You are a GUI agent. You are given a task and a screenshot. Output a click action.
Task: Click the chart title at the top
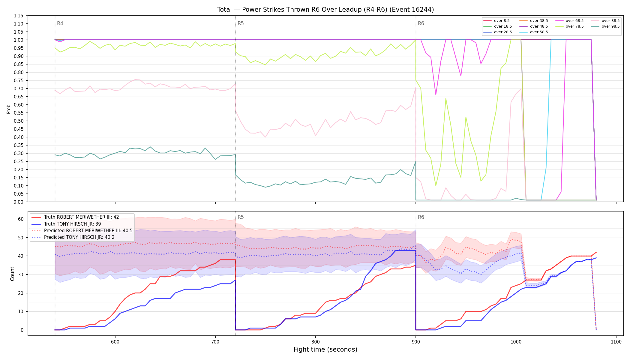tap(325, 10)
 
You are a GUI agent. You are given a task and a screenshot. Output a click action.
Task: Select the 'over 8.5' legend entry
tap(496, 21)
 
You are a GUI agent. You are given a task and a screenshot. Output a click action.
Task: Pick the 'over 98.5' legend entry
tap(605, 26)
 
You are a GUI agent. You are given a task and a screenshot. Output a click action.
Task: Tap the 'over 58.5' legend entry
tap(534, 32)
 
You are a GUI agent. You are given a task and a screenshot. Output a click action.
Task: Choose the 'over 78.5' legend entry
tap(569, 26)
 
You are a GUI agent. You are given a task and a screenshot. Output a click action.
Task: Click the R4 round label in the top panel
tap(60, 23)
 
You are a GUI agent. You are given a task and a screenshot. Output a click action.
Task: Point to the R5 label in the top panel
tap(241, 23)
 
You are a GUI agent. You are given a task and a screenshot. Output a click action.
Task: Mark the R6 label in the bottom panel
tap(421, 217)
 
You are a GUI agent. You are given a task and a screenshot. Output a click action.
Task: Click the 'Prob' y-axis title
tap(9, 109)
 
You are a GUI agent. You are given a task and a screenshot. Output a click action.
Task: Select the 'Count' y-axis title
tap(12, 274)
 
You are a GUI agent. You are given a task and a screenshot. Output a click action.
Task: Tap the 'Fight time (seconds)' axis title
tap(325, 349)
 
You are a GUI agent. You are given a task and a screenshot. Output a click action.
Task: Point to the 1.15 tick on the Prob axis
tap(19, 16)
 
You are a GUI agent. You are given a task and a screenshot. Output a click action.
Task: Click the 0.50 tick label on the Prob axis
tap(19, 121)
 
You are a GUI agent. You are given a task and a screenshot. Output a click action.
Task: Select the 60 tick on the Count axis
tap(21, 219)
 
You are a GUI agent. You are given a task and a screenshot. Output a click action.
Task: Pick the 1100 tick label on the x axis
tap(616, 342)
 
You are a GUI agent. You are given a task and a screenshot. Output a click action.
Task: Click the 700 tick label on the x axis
tap(215, 342)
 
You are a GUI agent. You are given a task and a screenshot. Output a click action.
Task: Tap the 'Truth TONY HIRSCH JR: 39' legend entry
tap(66, 224)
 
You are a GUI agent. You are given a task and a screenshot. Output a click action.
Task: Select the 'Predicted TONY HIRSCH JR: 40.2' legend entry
tap(73, 237)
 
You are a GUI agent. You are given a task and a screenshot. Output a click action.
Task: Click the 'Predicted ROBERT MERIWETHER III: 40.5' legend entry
tap(82, 230)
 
